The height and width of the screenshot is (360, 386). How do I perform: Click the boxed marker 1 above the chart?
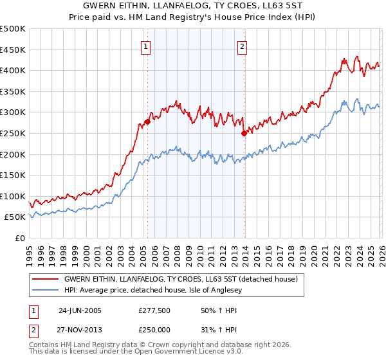147,47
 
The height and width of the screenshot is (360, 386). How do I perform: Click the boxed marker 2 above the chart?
243,47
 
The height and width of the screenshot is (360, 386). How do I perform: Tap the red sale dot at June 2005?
147,122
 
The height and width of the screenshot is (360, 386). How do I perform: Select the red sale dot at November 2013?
244,133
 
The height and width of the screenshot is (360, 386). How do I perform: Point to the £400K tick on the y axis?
13,71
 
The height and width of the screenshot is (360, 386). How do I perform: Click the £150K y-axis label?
13,175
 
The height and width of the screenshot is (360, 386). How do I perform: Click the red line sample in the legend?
45,280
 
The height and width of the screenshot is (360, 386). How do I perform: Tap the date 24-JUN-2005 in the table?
80,310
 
